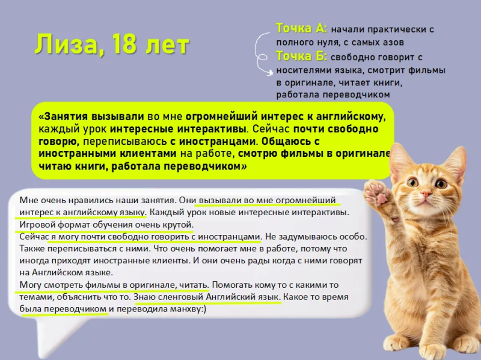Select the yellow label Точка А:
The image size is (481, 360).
pos(302,28)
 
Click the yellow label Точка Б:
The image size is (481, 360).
pos(302,56)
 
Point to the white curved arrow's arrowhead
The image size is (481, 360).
pos(270,73)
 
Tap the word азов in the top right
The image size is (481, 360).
pos(393,42)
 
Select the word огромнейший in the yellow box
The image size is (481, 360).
pos(222,117)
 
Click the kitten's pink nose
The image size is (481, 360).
pos(426,194)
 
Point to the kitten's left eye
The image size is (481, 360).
pos(412,183)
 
